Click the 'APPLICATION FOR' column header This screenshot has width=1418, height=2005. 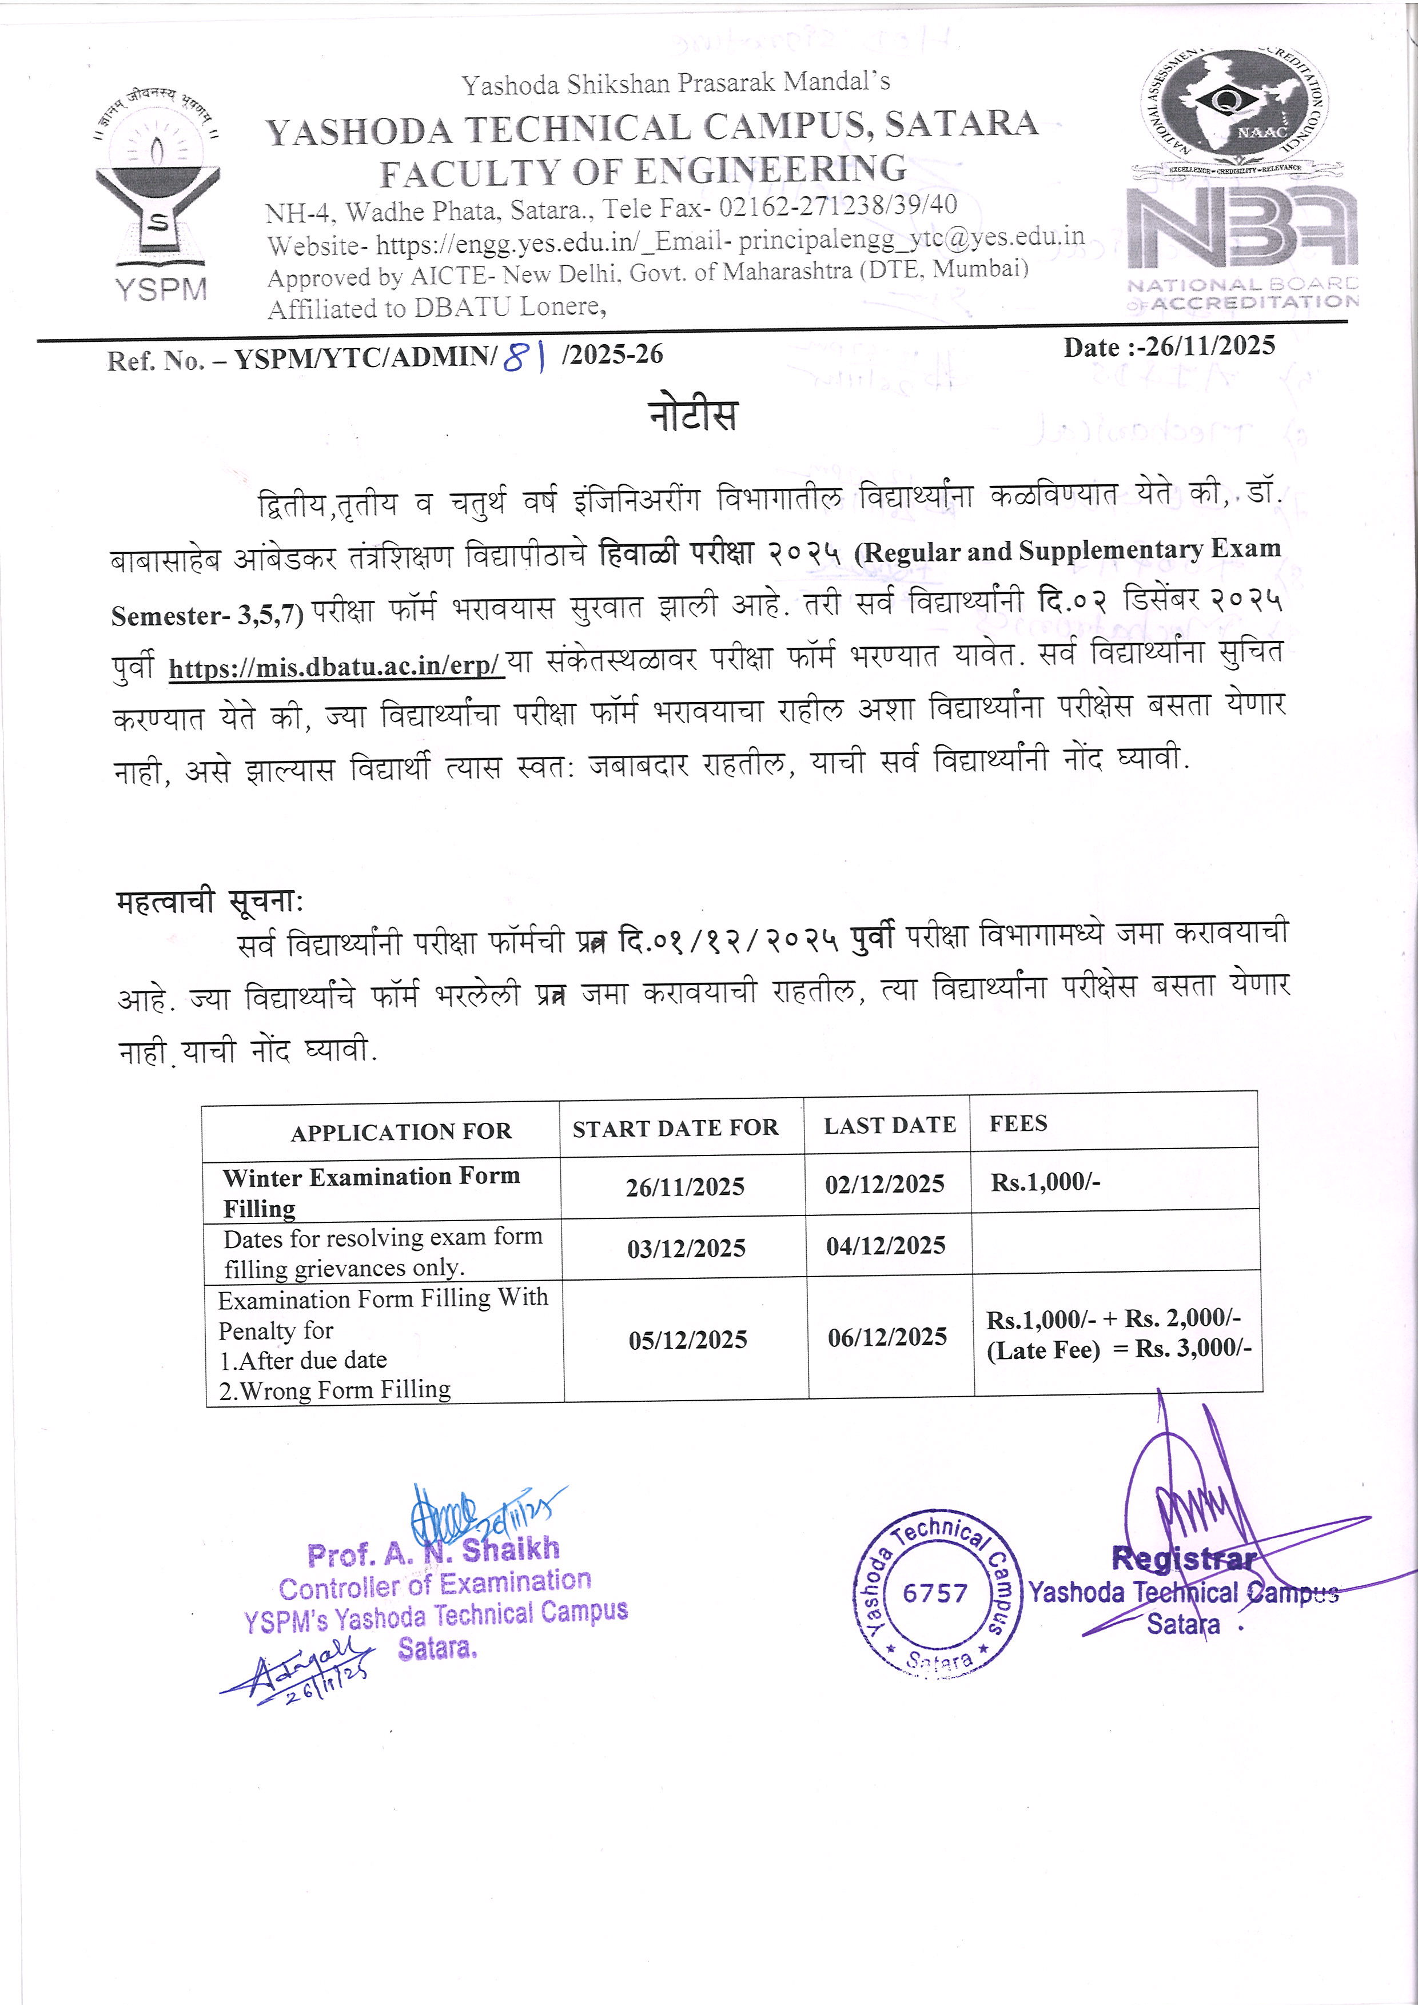401,1133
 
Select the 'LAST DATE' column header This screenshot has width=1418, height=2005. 890,1126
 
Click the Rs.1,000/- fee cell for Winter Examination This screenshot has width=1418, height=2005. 1045,1182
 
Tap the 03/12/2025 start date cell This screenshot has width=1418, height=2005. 686,1249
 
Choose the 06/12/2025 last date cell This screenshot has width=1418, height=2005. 887,1337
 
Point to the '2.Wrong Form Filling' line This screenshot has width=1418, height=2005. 335,1389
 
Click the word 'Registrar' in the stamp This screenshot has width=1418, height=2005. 1184,1558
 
